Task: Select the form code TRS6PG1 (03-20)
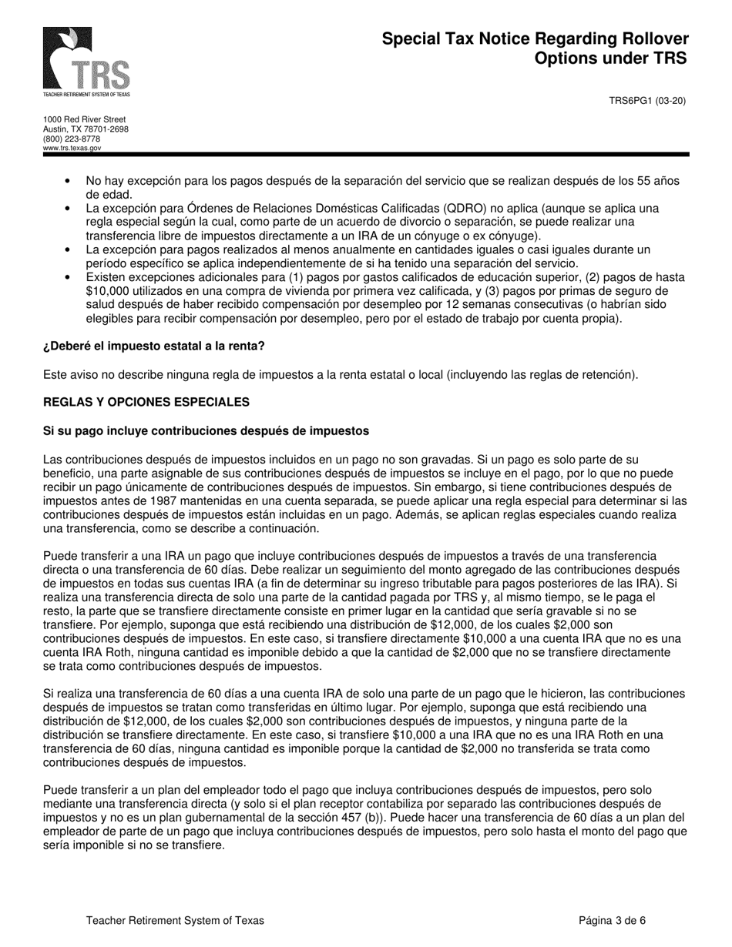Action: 647,101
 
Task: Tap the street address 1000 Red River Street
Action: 84,120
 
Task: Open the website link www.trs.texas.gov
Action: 72,148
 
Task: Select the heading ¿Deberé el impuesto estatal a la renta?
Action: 153,346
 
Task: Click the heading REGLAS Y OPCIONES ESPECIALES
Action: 146,402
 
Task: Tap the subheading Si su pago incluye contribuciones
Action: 206,430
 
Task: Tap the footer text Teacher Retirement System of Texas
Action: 175,920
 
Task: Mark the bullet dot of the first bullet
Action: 69,181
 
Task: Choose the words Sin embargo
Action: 431,487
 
